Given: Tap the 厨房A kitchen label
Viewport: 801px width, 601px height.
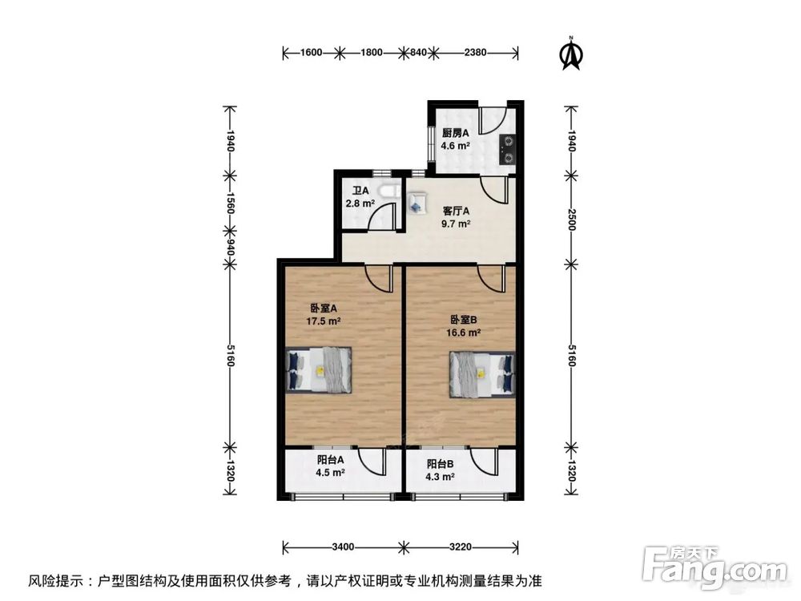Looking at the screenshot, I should point(456,133).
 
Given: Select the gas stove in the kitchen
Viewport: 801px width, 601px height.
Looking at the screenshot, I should point(508,148).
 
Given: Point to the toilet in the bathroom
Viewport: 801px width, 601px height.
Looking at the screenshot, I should point(389,192).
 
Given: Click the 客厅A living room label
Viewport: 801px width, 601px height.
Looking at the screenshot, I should point(456,212).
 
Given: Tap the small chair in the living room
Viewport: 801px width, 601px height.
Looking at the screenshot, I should point(416,206).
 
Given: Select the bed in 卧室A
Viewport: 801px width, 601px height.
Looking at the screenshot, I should point(319,369).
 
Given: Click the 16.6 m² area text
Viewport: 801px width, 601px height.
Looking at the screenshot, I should point(463,332).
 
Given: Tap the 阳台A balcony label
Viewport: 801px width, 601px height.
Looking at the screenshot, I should point(330,460).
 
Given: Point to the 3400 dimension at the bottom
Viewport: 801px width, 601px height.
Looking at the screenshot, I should point(342,547).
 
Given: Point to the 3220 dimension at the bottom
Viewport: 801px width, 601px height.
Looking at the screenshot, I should point(461,547).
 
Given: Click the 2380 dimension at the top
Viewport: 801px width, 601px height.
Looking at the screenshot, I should point(475,54).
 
